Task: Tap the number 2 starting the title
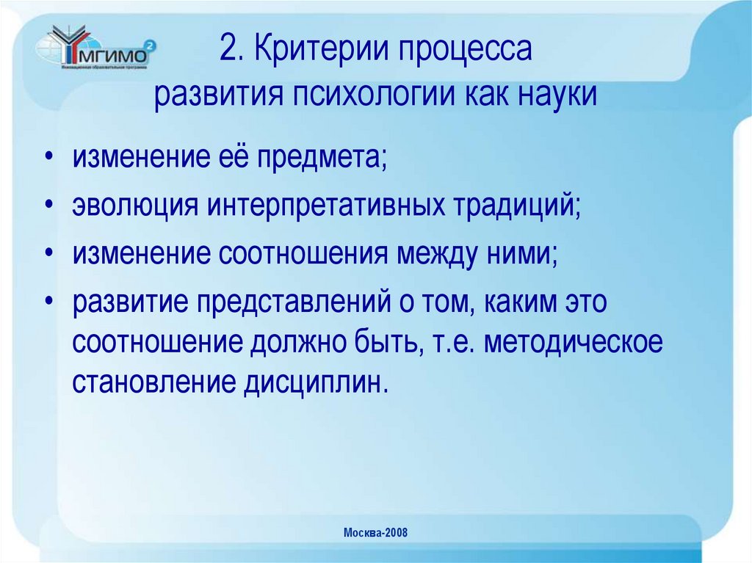point(228,52)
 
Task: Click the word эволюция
point(134,205)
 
